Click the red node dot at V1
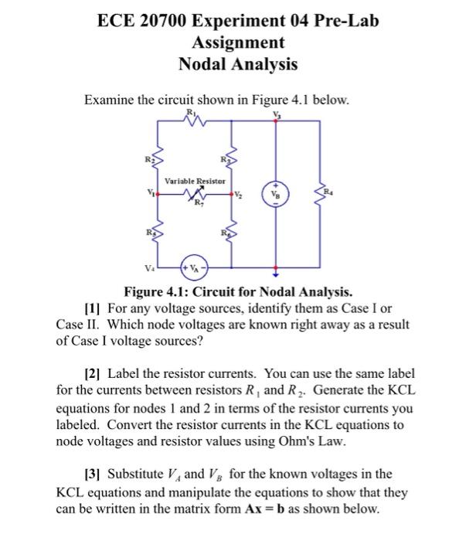tap(158, 196)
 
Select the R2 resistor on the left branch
tap(158, 159)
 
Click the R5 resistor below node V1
tap(158, 233)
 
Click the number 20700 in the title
tap(165, 21)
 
